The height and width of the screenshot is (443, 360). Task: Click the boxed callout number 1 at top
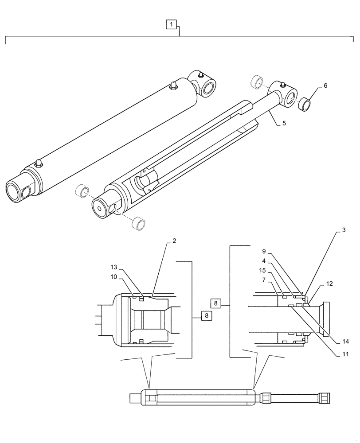point(172,24)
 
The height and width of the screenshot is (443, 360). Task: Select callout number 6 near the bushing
point(325,86)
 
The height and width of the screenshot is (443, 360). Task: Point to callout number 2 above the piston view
point(174,241)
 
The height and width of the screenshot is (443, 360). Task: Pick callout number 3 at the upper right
point(344,231)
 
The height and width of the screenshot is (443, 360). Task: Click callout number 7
point(265,280)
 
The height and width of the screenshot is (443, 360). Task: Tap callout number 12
point(329,283)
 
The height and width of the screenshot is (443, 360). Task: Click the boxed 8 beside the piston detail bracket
point(206,316)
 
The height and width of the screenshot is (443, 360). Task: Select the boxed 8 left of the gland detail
point(215,303)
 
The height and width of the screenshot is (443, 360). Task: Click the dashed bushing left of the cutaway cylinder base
point(80,191)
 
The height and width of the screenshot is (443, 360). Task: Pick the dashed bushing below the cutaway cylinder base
point(140,223)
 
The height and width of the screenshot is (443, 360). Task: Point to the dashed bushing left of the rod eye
point(257,82)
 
